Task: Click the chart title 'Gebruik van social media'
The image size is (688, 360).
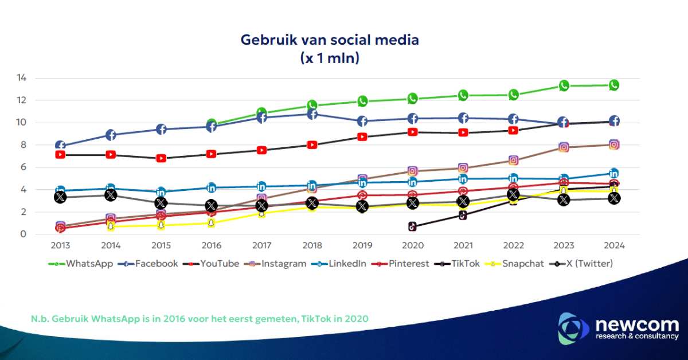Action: [x=330, y=40]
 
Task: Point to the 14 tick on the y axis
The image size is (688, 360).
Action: [x=38, y=78]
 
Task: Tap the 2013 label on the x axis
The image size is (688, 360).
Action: [x=60, y=245]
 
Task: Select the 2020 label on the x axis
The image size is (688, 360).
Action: [x=412, y=245]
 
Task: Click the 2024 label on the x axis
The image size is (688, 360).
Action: [x=613, y=245]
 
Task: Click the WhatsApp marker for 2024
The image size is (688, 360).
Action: [x=614, y=85]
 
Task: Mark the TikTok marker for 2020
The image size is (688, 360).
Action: [x=412, y=226]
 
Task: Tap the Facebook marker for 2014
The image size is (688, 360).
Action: [x=111, y=135]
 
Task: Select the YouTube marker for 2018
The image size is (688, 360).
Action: [x=312, y=145]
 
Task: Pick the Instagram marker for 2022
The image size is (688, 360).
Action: [x=513, y=161]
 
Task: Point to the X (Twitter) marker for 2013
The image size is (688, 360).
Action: [x=60, y=197]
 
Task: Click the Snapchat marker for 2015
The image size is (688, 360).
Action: [x=161, y=225]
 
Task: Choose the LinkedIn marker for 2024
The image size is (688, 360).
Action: [x=614, y=173]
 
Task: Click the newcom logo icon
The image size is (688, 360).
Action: [x=574, y=328]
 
